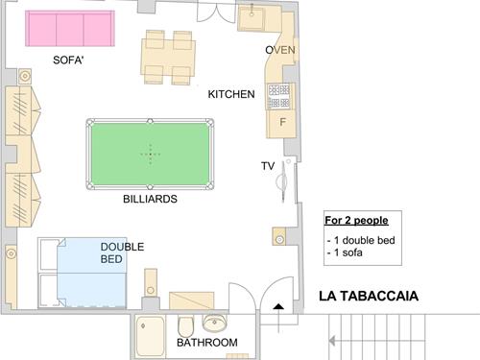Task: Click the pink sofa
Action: pyautogui.click(x=70, y=29)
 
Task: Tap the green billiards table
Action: pyautogui.click(x=150, y=155)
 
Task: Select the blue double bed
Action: pyautogui.click(x=91, y=273)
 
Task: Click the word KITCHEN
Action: pyautogui.click(x=231, y=94)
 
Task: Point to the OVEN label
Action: pyautogui.click(x=280, y=50)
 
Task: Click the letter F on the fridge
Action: pyautogui.click(x=282, y=122)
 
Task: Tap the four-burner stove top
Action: pyautogui.click(x=279, y=96)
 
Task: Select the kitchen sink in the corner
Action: pyautogui.click(x=252, y=17)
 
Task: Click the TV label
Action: pyautogui.click(x=268, y=166)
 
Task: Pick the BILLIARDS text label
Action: pyautogui.click(x=150, y=199)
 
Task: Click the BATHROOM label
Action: pyautogui.click(x=207, y=343)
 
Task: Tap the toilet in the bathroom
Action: pyautogui.click(x=185, y=325)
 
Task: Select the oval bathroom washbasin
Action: pyautogui.click(x=214, y=323)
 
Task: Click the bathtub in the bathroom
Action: pyautogui.click(x=150, y=336)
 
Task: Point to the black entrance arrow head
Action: pyautogui.click(x=278, y=306)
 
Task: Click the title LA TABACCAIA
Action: pyautogui.click(x=369, y=296)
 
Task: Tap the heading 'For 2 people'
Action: pyautogui.click(x=356, y=220)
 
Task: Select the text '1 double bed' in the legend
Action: pyautogui.click(x=365, y=240)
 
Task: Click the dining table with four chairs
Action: pyautogui.click(x=168, y=58)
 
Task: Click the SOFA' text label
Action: pyautogui.click(x=68, y=60)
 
